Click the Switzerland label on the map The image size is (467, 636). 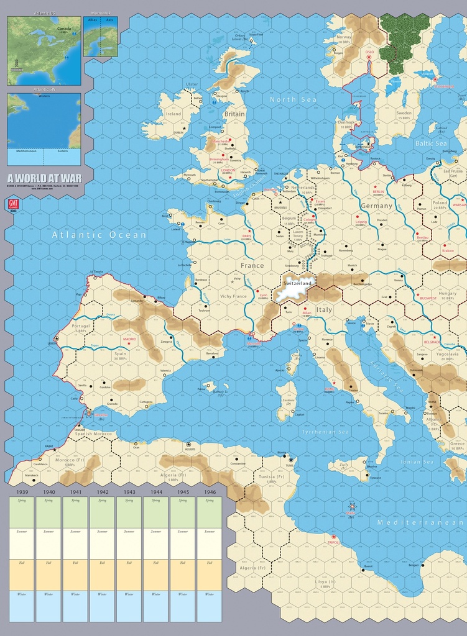pos(297,283)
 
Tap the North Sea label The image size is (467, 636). pos(293,99)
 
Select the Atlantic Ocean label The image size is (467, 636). pos(99,235)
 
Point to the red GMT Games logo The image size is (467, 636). pos(12,204)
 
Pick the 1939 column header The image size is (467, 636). pos(22,492)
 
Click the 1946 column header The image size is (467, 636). pos(209,492)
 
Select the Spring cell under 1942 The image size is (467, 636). pos(102,512)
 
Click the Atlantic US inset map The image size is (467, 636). pos(44,51)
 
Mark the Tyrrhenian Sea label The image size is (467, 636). pos(325,431)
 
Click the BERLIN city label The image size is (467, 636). pos(379,193)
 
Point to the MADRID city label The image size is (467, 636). pos(129,338)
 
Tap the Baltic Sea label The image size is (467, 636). pos(431,143)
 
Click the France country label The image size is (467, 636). pos(252,265)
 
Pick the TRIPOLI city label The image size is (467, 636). pos(333,542)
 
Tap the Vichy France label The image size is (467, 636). pos(233,296)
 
